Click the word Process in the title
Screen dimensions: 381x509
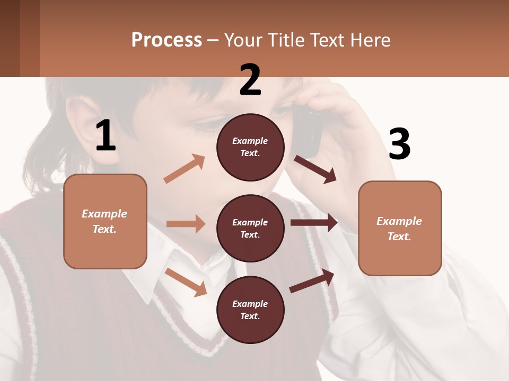coord(166,40)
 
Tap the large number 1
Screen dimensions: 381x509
coord(106,135)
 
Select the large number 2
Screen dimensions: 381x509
coord(250,79)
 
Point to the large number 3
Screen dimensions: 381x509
coord(399,144)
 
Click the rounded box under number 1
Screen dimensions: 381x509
coord(105,221)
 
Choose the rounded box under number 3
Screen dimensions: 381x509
coord(400,228)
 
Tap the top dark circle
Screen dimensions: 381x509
coord(250,147)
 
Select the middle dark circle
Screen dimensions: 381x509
coord(250,228)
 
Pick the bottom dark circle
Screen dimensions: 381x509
coord(250,310)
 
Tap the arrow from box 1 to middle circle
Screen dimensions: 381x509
coord(186,224)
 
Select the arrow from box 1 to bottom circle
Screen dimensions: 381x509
coord(186,282)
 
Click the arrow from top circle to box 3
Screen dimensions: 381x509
coord(315,169)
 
